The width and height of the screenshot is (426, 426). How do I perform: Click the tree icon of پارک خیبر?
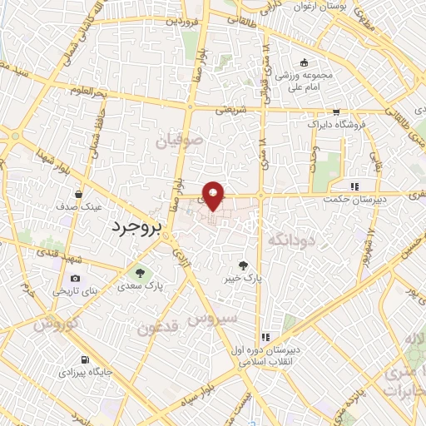tap(243, 264)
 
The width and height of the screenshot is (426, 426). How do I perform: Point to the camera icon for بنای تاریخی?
tap(76, 278)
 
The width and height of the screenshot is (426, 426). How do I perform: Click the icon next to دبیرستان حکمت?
tap(354, 186)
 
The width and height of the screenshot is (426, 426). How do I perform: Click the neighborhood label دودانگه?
tap(293, 239)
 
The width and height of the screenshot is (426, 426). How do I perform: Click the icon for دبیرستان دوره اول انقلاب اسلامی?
tap(265, 338)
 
